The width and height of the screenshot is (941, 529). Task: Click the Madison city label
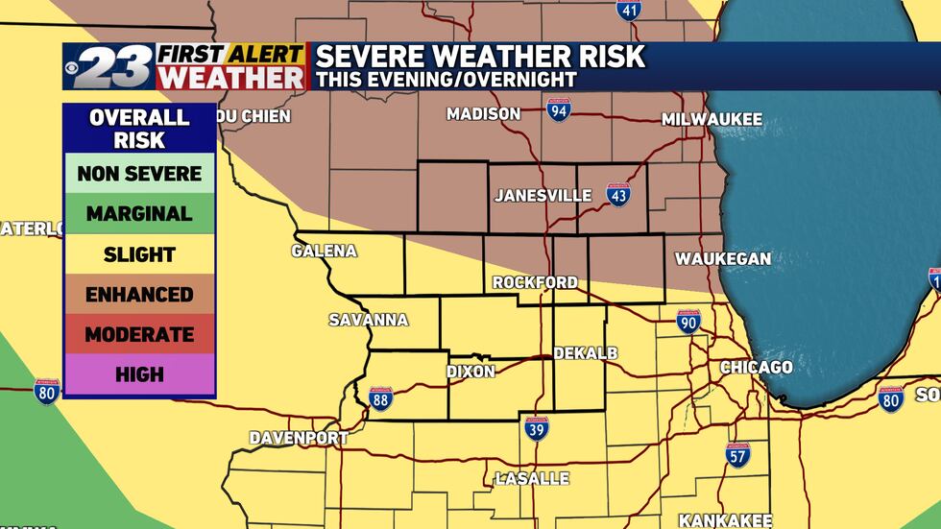click(x=483, y=114)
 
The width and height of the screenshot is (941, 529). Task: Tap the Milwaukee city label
click(x=712, y=120)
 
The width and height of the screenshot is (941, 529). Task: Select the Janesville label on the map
click(x=543, y=196)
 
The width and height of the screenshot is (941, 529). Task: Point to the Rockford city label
click(x=535, y=282)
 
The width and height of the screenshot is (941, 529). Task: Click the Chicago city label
click(x=757, y=368)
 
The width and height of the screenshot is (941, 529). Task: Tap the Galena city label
click(x=324, y=252)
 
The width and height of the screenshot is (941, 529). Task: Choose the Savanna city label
click(x=369, y=320)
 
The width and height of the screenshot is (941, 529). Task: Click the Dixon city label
click(x=470, y=372)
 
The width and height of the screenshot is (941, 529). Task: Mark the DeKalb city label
click(x=586, y=353)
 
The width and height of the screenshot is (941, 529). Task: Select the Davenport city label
click(x=299, y=438)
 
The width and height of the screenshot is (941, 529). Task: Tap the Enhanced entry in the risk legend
click(x=139, y=295)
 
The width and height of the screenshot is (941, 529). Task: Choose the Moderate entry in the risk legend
click(x=139, y=335)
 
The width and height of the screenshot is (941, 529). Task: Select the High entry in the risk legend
click(x=139, y=374)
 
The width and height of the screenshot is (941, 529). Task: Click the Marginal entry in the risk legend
click(x=139, y=214)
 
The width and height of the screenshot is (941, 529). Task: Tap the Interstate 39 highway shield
click(x=537, y=428)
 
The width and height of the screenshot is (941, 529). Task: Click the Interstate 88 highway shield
click(x=381, y=398)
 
